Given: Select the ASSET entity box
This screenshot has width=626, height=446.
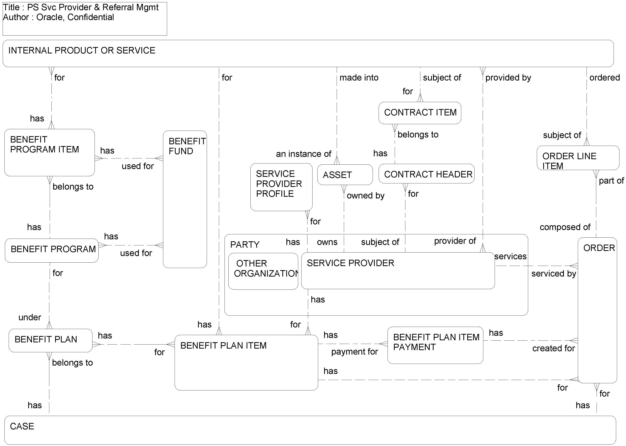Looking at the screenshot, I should [x=345, y=175].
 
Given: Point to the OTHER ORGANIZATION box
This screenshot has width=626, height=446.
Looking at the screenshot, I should [x=263, y=271].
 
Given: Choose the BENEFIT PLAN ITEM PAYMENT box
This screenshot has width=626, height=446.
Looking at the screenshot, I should [x=435, y=345].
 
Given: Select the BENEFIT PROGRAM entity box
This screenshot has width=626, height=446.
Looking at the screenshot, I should [x=52, y=250].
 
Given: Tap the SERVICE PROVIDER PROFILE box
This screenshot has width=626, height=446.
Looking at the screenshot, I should [x=281, y=187].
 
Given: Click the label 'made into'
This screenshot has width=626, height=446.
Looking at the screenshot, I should [x=359, y=78].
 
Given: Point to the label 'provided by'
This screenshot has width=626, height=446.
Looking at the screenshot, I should [x=508, y=78].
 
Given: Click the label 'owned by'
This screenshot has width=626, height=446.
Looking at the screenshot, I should [x=365, y=196].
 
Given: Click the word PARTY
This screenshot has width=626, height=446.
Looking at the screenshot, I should [x=245, y=244].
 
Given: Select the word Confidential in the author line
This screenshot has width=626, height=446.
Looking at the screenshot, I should [x=91, y=17].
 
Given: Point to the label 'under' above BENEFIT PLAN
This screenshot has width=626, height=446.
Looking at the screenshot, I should [x=30, y=317].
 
